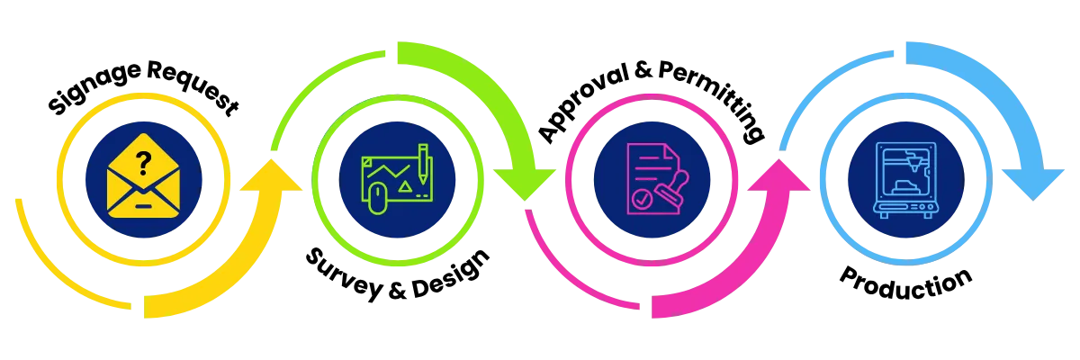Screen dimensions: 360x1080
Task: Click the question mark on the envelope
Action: pyautogui.click(x=142, y=162)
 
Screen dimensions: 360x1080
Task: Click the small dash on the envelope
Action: pyautogui.click(x=143, y=205)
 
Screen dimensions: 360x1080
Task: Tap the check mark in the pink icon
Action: pyautogui.click(x=640, y=198)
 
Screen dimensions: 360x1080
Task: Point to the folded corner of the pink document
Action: pyautogui.click(x=663, y=152)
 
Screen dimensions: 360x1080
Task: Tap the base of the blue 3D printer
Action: pyautogui.click(x=906, y=207)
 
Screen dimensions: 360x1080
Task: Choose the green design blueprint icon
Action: pyautogui.click(x=397, y=180)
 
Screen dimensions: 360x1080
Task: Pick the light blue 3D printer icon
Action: pyautogui.click(x=906, y=178)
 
